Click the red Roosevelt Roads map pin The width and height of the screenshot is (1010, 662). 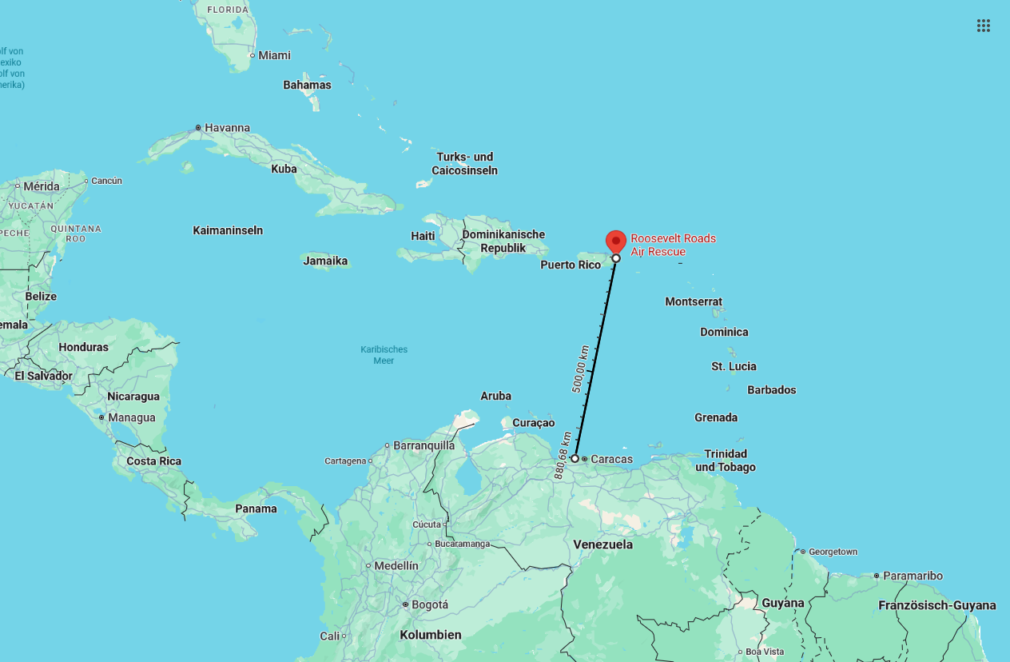pos(615,241)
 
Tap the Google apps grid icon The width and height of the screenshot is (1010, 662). pos(984,26)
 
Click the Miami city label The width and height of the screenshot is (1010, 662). pos(274,55)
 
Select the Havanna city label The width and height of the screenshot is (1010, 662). pos(227,128)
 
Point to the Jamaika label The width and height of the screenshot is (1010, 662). pos(325,261)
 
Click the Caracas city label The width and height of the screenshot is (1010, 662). pos(611,459)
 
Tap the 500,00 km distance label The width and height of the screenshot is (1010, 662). pos(582,369)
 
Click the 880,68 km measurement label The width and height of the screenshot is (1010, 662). pos(563,456)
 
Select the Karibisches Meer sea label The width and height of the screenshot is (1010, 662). pos(384,355)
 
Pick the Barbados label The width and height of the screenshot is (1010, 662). pos(771,390)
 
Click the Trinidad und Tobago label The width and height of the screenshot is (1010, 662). pos(725,461)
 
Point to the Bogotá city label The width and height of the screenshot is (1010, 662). pos(430,604)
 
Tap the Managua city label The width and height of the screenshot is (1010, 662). pos(132,417)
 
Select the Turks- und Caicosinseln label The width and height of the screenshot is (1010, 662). pos(464,164)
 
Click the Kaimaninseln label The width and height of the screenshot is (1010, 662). pos(228,230)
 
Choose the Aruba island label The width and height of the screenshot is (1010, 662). pos(495,396)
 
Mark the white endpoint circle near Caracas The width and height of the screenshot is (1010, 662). pos(575,459)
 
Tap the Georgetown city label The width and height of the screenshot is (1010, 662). pos(833,552)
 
